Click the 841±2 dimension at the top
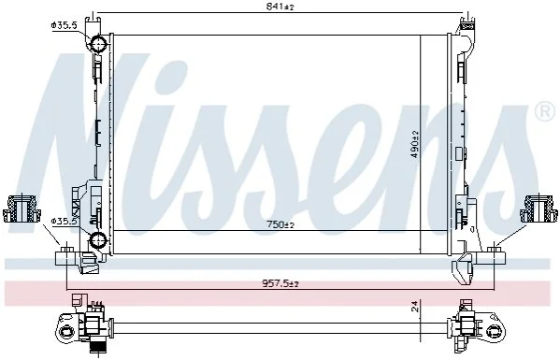click(x=280, y=7)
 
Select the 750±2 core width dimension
click(x=280, y=224)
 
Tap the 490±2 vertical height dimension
click(x=415, y=145)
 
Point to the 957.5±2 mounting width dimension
click(x=280, y=284)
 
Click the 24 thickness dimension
click(x=415, y=307)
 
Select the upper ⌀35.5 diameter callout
click(x=65, y=25)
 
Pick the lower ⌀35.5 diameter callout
click(x=65, y=222)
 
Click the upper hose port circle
click(x=97, y=44)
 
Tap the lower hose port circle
click(x=97, y=240)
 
